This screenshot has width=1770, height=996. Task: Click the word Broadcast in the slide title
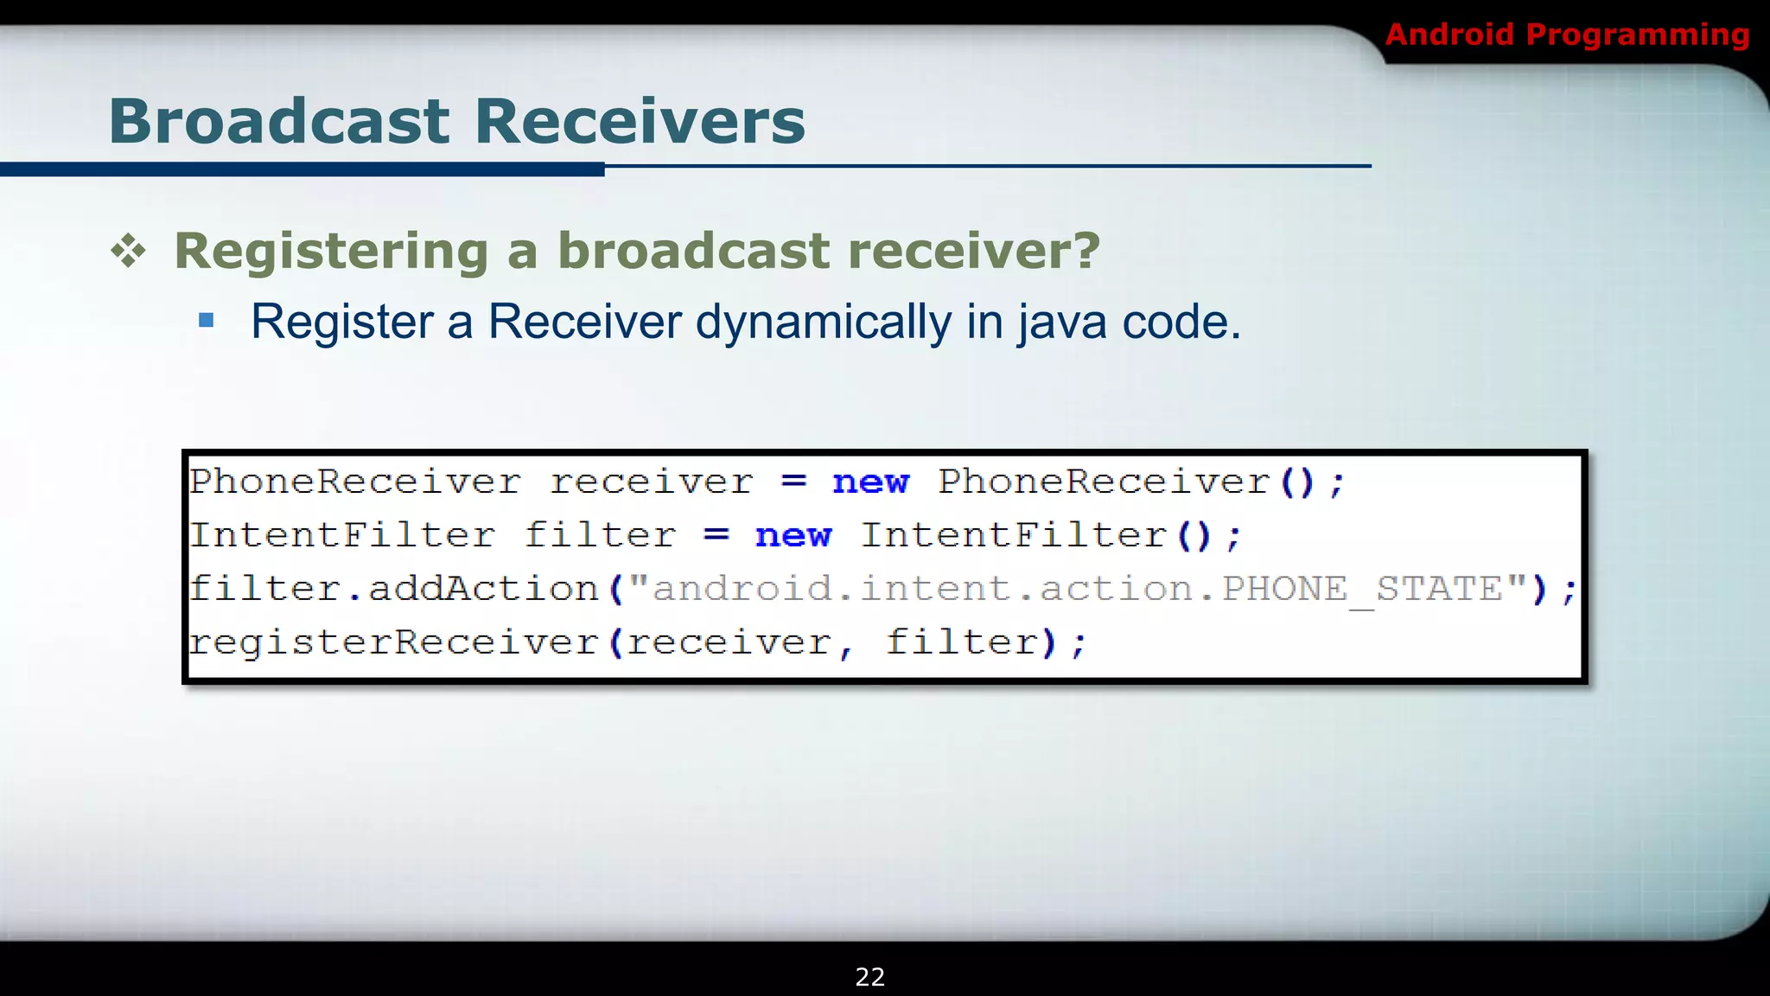point(278,121)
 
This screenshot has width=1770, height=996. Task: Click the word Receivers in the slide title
point(640,121)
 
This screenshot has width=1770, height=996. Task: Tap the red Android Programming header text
point(1567,35)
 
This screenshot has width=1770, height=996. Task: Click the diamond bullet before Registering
point(129,252)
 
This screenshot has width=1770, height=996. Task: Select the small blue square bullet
point(206,321)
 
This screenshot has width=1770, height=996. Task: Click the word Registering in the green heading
point(332,252)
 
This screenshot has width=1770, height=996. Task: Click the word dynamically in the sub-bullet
point(823,322)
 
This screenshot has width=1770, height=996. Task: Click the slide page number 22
point(869,977)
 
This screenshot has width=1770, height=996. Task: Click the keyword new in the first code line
point(870,482)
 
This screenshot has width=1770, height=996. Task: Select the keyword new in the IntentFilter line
point(793,535)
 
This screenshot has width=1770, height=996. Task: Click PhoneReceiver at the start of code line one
point(355,482)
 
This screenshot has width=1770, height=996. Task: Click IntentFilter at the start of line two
point(342,535)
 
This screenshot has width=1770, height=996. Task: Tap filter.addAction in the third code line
point(394,589)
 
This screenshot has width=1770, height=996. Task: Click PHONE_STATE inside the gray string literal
point(1362,589)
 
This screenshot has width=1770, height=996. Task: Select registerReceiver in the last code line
point(394,642)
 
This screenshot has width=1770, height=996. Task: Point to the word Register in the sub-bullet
point(342,322)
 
